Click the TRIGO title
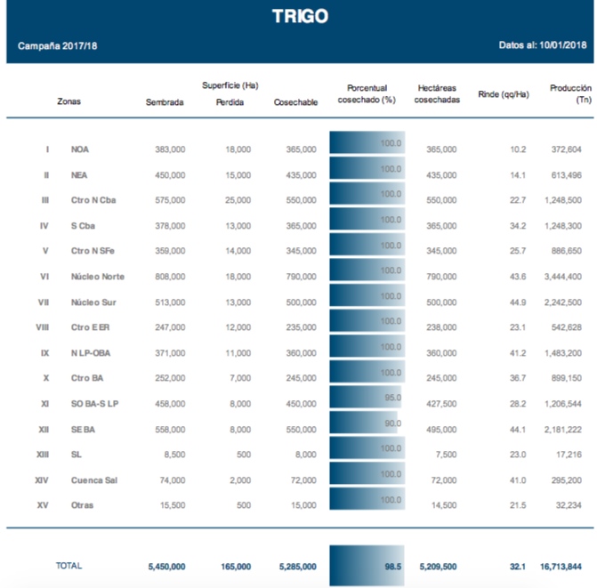[299, 17]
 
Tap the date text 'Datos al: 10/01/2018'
[543, 45]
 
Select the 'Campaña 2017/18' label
[58, 45]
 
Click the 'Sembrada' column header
[165, 102]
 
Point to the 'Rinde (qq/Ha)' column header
[503, 94]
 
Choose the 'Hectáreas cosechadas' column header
[437, 94]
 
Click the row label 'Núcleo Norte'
[98, 277]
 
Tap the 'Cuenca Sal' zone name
[94, 480]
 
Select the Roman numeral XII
[44, 430]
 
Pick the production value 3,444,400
[561, 277]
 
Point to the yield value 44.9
[516, 302]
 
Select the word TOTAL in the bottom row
[70, 566]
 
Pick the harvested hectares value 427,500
[440, 404]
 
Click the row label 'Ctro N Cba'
[93, 200]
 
